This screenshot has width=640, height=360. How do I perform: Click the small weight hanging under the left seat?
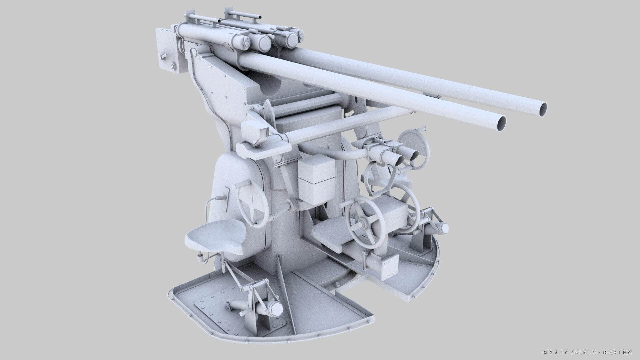[200, 257]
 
